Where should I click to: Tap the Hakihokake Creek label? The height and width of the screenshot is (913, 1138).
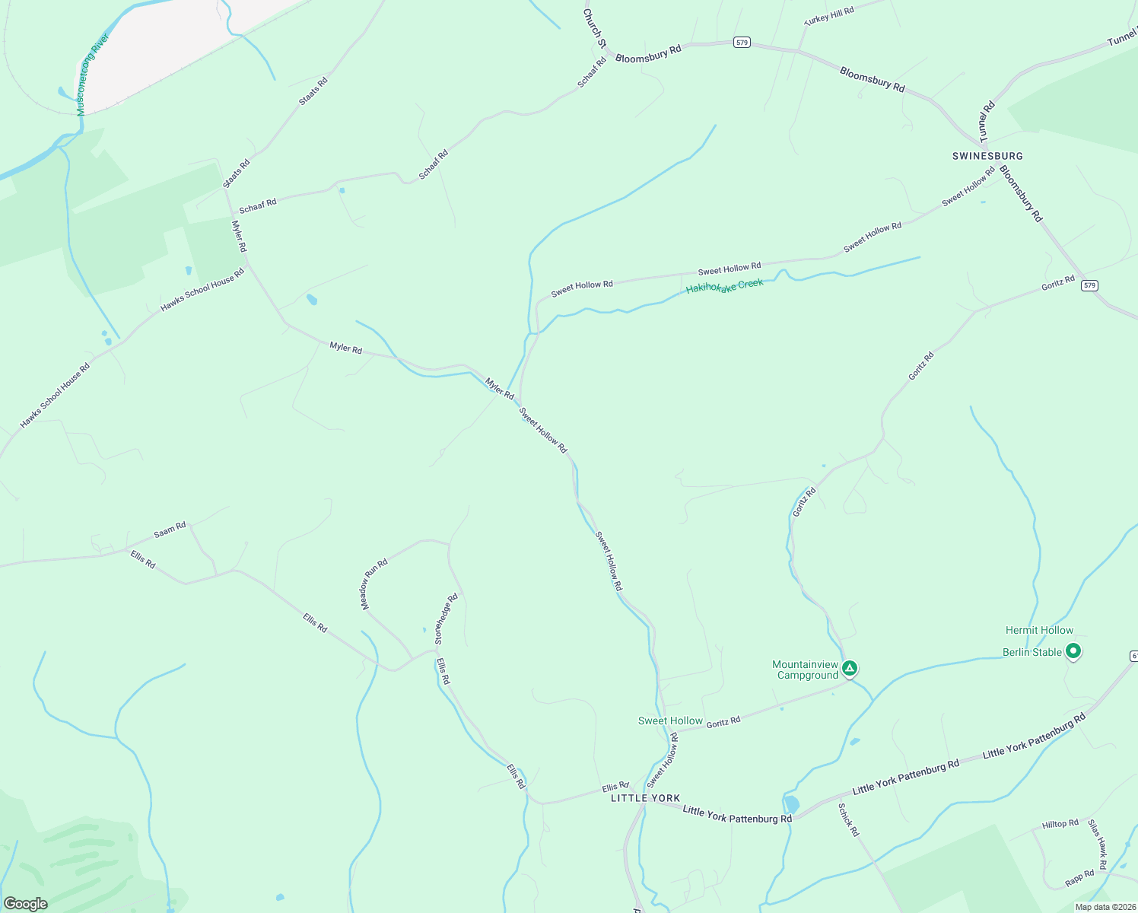tap(724, 286)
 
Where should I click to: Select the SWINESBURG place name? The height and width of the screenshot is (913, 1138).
tap(987, 156)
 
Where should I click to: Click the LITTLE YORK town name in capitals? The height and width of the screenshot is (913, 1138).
tap(645, 798)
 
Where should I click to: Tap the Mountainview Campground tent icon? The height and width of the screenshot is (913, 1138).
tap(850, 669)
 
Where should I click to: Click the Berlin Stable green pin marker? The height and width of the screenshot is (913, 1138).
tap(1073, 651)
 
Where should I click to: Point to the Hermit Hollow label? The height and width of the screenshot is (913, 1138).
tap(1039, 630)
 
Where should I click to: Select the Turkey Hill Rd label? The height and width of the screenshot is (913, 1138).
tap(829, 16)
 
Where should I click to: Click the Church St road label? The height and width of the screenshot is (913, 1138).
tap(594, 28)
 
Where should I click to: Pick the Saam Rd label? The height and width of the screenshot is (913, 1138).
tap(170, 530)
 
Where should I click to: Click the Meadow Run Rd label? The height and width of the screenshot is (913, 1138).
tap(374, 584)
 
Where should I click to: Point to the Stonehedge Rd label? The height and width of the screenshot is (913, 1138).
tap(447, 619)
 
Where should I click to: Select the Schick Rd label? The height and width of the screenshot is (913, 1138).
tap(848, 819)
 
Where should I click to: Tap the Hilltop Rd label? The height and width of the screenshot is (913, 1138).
tap(1060, 824)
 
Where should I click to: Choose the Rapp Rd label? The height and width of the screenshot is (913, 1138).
tap(1079, 878)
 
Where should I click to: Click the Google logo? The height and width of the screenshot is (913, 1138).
tap(25, 904)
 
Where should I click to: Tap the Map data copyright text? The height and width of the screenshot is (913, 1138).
tap(1105, 907)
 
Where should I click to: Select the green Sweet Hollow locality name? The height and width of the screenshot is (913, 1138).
tap(670, 721)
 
